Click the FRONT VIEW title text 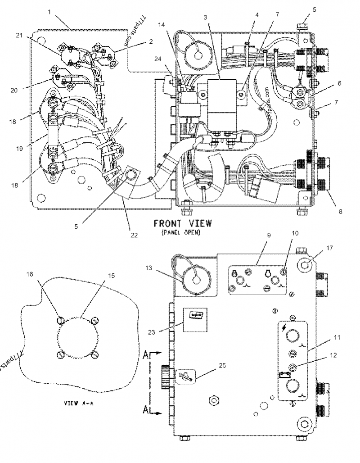click(182, 223)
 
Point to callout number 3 click(206, 17)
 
